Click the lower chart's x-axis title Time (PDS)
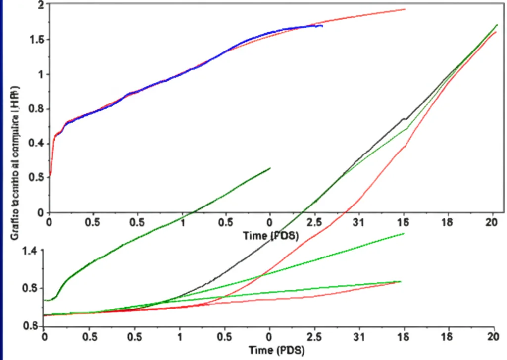270,350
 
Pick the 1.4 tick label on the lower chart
29,251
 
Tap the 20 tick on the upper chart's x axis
491,222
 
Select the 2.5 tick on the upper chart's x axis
314,222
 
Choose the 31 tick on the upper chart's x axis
359,222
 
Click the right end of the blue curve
322,26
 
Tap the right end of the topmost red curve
405,9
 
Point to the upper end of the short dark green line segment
270,168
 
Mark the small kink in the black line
405,119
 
